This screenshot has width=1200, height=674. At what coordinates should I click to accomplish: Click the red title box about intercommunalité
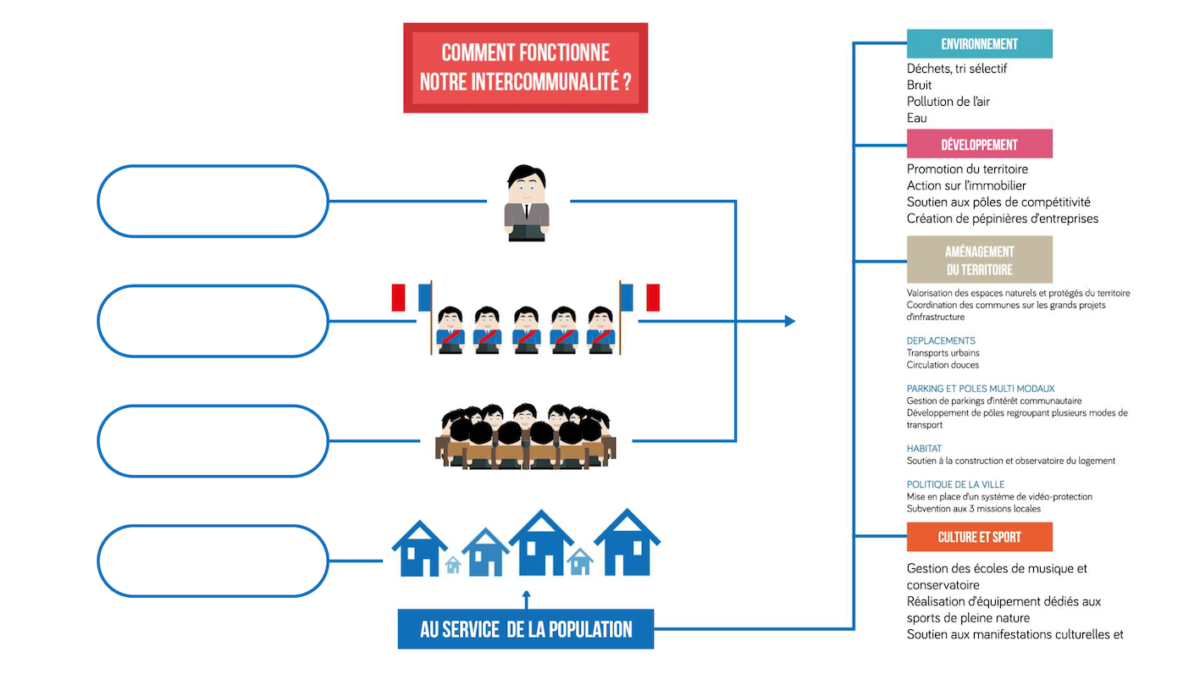click(x=525, y=68)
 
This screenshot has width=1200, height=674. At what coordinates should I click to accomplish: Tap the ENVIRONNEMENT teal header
click(x=979, y=44)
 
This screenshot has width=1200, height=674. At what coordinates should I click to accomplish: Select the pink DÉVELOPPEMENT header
click(x=979, y=144)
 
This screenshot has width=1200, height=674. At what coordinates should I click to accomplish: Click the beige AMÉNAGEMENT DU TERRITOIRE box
click(x=979, y=260)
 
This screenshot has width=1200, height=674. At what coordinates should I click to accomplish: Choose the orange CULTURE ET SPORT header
click(x=979, y=537)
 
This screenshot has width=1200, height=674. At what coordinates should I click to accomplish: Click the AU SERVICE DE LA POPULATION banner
click(x=525, y=629)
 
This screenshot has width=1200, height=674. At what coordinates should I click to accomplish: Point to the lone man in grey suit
click(x=527, y=203)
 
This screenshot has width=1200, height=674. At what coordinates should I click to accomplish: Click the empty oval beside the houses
click(x=213, y=561)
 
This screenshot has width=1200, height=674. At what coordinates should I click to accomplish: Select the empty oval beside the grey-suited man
click(x=213, y=202)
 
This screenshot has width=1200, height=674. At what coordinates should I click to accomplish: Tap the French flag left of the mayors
click(x=412, y=298)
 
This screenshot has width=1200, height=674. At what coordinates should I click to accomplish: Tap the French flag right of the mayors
click(x=640, y=298)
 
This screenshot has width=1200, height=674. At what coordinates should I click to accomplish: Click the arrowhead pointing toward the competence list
click(x=789, y=321)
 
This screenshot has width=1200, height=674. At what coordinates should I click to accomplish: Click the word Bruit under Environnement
click(x=919, y=85)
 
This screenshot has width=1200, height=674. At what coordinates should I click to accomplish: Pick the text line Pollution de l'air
click(x=948, y=102)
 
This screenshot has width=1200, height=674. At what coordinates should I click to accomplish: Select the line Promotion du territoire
click(x=967, y=169)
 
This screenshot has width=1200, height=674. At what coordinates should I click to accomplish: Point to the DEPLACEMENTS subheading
click(x=941, y=341)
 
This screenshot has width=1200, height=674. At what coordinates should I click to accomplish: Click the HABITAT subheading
click(x=924, y=449)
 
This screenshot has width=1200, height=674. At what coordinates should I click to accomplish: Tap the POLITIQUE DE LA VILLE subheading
click(x=955, y=484)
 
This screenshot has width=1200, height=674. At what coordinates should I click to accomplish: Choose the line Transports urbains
click(x=943, y=353)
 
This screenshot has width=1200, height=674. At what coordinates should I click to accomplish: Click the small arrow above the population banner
click(x=526, y=599)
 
